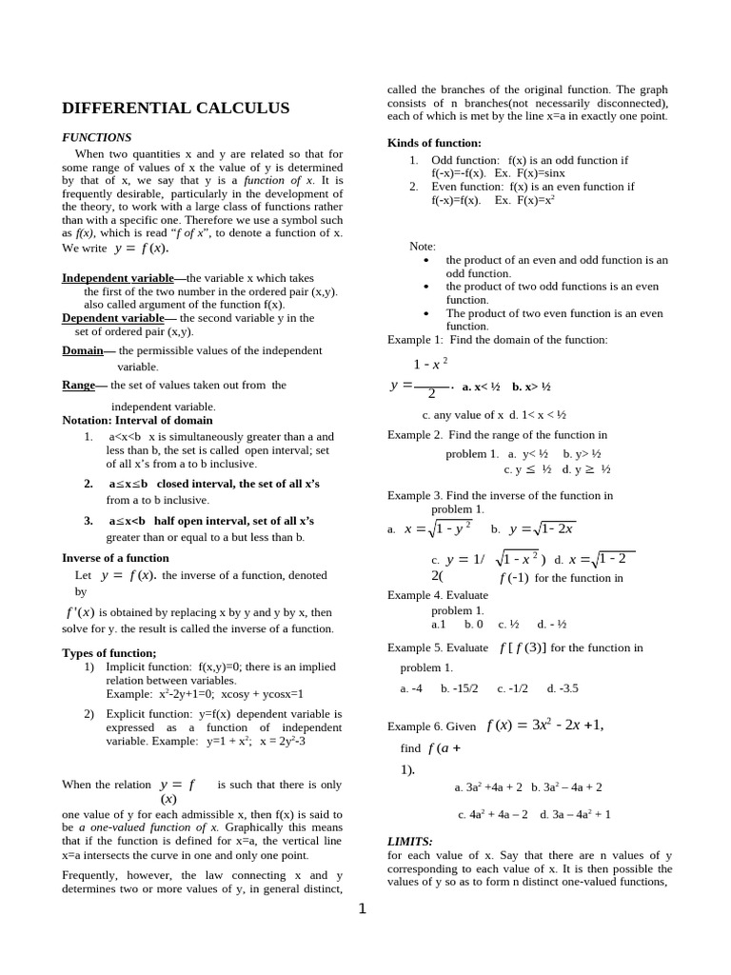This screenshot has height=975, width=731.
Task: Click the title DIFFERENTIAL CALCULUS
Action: pyautogui.click(x=175, y=109)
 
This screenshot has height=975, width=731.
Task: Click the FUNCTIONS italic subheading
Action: pyautogui.click(x=96, y=137)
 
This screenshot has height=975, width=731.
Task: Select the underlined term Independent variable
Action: pyautogui.click(x=118, y=278)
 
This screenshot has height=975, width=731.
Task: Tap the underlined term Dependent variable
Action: pyautogui.click(x=113, y=318)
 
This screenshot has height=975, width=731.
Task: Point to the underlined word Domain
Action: pyautogui.click(x=83, y=350)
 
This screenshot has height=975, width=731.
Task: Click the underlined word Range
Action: pyautogui.click(x=79, y=385)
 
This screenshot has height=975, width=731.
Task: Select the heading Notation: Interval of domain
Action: pyautogui.click(x=137, y=420)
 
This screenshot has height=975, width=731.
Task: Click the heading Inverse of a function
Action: pyautogui.click(x=115, y=558)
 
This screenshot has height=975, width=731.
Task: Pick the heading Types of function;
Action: pyautogui.click(x=109, y=652)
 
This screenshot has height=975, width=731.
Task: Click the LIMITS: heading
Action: pyautogui.click(x=410, y=842)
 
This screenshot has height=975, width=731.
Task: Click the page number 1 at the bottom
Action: pyautogui.click(x=362, y=909)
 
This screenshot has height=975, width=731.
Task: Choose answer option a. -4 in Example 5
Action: pyautogui.click(x=411, y=688)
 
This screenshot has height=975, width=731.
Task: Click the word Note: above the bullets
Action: pyautogui.click(x=423, y=246)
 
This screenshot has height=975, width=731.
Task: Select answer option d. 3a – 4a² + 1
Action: pyautogui.click(x=575, y=814)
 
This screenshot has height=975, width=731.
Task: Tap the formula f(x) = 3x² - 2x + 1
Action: pyautogui.click(x=544, y=725)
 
